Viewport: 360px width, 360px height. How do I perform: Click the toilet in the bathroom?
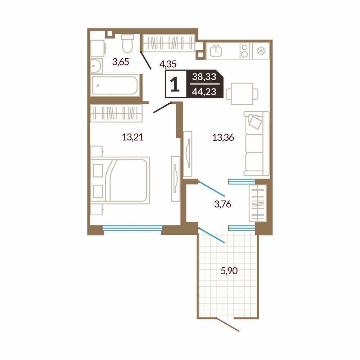[x=127, y=44]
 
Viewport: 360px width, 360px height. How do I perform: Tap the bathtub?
[x=115, y=85]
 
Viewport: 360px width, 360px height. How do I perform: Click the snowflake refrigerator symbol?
[x=261, y=51]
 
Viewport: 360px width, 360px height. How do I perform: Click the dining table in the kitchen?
[x=242, y=94]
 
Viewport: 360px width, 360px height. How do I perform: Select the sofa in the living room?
[x=256, y=144]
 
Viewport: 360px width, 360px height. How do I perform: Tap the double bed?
[x=120, y=179]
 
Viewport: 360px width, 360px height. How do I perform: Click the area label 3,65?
[x=121, y=62]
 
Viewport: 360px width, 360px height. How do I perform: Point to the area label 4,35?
[x=168, y=64]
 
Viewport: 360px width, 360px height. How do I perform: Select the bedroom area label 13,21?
[x=133, y=137]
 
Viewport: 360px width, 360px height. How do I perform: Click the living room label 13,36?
[x=223, y=138]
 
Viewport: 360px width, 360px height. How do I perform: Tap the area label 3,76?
[x=222, y=204]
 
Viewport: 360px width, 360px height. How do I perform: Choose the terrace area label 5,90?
[x=229, y=271]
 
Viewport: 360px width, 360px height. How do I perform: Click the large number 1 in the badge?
[x=175, y=84]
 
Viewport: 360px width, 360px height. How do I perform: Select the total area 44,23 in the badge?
[x=204, y=92]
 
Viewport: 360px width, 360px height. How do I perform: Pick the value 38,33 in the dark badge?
[x=204, y=77]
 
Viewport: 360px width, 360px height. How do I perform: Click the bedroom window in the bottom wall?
[x=132, y=228]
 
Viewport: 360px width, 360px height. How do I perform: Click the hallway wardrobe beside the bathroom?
[x=169, y=43]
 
